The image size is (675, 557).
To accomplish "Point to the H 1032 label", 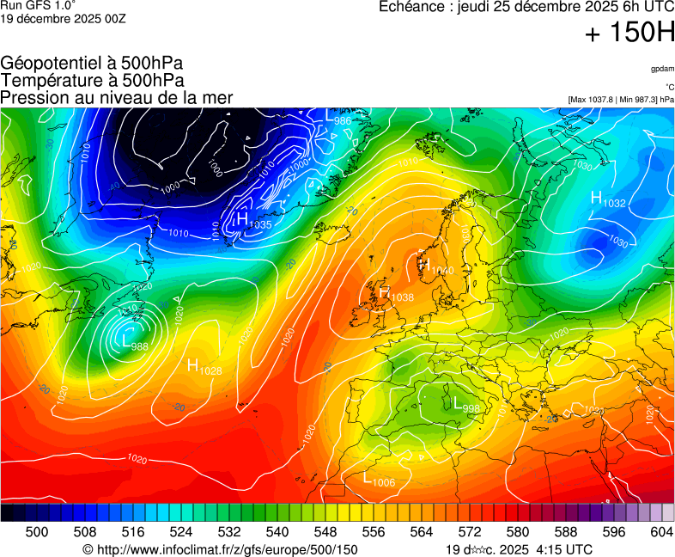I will [x=607, y=199].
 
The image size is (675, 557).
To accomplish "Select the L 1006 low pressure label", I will [x=378, y=480].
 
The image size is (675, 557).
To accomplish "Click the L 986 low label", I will [x=336, y=117].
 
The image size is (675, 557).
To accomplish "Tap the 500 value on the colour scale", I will [x=37, y=532].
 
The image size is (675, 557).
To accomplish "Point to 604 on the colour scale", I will [x=661, y=532].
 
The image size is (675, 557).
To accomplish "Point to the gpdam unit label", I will [x=661, y=69].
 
